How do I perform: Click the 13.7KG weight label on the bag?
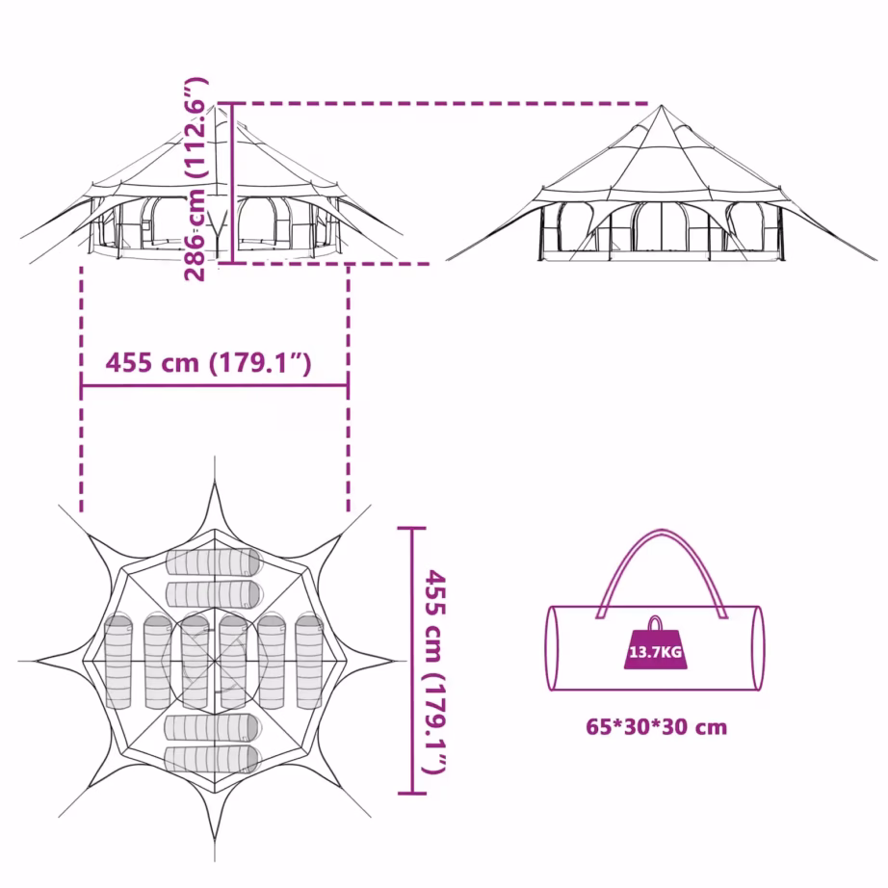tap(655, 652)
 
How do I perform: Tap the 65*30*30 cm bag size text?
tap(657, 726)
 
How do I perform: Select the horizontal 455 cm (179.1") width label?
tap(208, 363)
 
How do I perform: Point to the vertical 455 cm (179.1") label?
tap(436, 672)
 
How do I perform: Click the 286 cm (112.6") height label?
tap(196, 179)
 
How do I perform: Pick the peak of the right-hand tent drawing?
tap(661, 105)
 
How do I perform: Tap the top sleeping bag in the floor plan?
tap(214, 562)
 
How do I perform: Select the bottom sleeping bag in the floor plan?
tap(213, 760)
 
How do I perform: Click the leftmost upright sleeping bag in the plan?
tap(118, 662)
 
